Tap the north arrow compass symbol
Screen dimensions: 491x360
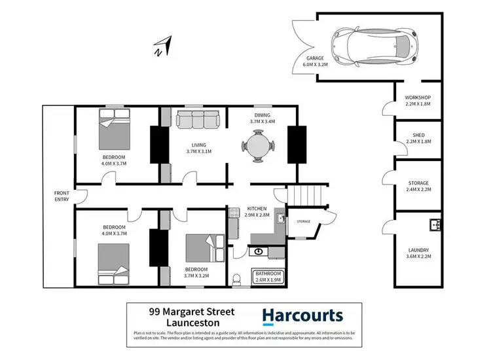pos(162,47)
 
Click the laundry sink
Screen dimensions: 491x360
pos(435,226)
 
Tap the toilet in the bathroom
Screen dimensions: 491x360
pos(237,279)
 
